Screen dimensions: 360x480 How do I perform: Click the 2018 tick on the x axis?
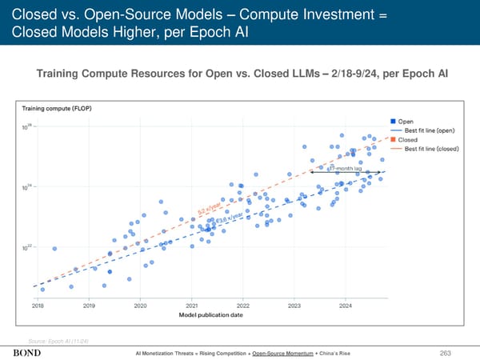(38, 306)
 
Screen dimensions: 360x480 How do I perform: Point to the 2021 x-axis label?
(192, 306)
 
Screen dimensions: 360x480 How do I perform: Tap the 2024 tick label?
(346, 306)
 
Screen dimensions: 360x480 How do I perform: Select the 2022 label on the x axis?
(243, 306)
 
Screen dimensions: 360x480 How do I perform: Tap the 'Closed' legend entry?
(418, 139)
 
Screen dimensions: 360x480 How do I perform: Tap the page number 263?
(457, 353)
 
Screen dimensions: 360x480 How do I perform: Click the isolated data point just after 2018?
(54, 249)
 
